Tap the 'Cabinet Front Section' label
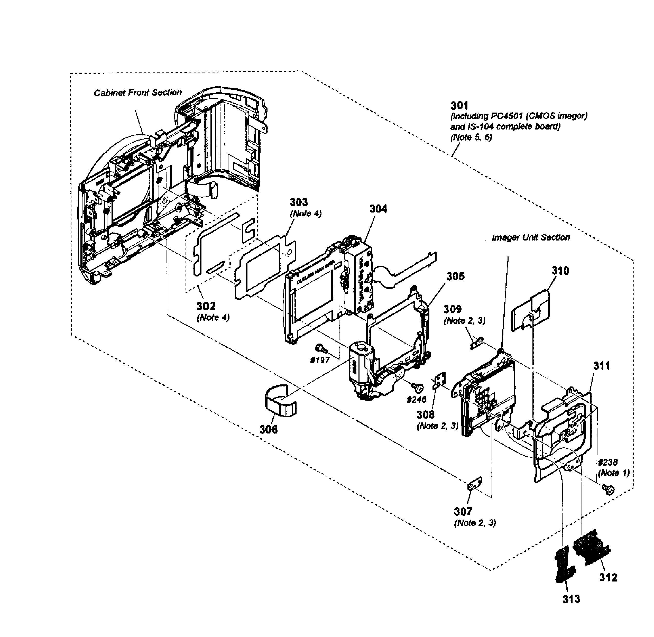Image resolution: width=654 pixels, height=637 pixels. click(137, 93)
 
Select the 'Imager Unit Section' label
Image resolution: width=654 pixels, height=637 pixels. click(531, 237)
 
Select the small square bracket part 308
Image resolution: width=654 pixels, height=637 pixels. click(438, 381)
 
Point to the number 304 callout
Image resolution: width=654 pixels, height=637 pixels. click(378, 209)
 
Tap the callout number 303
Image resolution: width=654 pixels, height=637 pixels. click(298, 202)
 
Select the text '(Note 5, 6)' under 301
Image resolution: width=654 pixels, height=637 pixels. click(471, 137)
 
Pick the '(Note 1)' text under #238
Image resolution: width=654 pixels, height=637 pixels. click(613, 473)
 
